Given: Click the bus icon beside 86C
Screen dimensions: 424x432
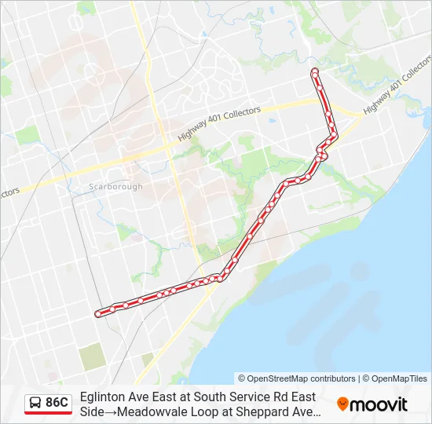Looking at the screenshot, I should pyautogui.click(x=35, y=403).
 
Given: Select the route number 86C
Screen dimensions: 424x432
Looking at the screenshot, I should pyautogui.click(x=57, y=403).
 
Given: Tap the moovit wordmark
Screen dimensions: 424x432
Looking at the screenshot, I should pyautogui.click(x=379, y=404).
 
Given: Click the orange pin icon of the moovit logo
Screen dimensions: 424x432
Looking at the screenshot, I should pyautogui.click(x=342, y=404).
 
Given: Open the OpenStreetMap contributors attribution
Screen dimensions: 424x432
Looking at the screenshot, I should pyautogui.click(x=297, y=378).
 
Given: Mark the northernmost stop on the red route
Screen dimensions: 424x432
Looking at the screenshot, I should pyautogui.click(x=315, y=72).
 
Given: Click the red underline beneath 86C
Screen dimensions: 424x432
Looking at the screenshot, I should pyautogui.click(x=48, y=414).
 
